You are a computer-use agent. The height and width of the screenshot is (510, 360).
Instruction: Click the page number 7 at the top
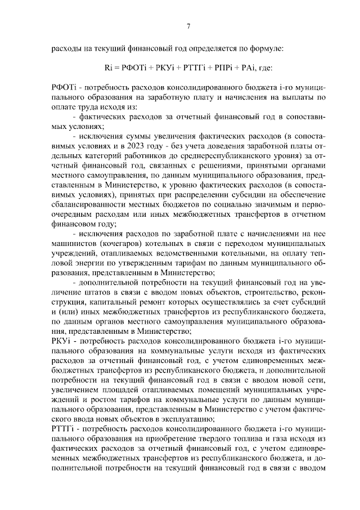(189, 25)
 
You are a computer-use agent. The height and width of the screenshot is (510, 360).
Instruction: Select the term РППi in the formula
(220, 68)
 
